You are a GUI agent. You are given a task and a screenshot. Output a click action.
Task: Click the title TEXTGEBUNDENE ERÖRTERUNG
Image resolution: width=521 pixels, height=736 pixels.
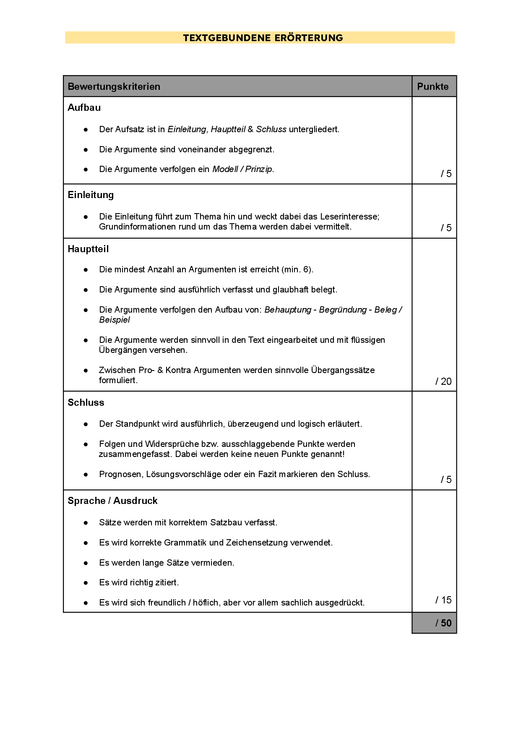point(263,38)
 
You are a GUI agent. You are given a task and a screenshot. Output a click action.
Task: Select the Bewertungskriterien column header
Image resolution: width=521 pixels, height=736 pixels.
point(114,86)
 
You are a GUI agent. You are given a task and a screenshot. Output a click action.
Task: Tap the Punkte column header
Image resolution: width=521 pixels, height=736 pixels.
point(432,86)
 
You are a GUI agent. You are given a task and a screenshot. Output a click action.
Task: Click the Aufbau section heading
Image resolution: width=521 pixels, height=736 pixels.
point(84,107)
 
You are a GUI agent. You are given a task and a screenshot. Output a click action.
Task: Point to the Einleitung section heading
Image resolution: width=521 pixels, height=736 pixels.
point(91,195)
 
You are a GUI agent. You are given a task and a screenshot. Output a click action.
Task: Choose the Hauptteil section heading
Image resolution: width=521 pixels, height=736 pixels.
point(88,249)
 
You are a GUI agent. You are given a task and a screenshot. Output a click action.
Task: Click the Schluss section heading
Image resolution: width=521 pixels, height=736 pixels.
point(86,402)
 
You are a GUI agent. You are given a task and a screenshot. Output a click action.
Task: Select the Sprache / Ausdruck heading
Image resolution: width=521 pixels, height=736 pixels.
point(112,501)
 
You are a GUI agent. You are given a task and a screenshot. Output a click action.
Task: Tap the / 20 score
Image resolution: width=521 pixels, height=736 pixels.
point(443,381)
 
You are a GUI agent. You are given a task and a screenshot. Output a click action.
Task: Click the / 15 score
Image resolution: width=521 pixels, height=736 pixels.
point(443,600)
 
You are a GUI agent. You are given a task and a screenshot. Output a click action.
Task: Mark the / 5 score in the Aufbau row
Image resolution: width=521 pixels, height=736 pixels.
point(446,174)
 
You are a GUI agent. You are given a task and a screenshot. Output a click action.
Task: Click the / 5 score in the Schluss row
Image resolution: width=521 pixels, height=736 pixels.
point(446,480)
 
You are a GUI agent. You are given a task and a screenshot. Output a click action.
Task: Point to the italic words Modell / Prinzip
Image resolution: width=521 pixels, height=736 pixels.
point(242,169)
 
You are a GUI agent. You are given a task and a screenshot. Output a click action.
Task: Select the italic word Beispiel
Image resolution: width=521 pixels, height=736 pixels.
point(115,320)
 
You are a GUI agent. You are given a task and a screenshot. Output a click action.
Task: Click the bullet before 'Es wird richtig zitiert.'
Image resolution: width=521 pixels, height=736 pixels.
point(86,582)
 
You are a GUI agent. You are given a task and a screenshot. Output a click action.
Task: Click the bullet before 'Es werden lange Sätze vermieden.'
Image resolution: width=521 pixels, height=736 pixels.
point(86,563)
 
